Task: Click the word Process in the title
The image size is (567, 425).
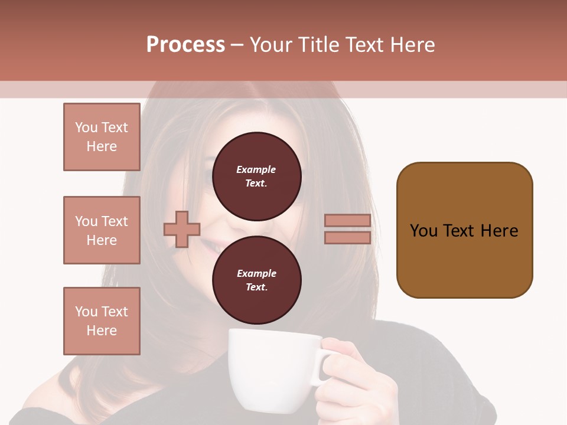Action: [185, 45]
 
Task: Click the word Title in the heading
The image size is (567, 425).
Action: [317, 45]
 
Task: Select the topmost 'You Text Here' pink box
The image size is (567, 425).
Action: [102, 137]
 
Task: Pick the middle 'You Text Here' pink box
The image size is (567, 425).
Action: [102, 230]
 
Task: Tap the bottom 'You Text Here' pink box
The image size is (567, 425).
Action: [102, 321]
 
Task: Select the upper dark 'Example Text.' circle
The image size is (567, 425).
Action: [256, 176]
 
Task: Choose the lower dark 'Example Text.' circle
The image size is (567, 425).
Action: [256, 280]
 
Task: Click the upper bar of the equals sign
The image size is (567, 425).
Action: [347, 221]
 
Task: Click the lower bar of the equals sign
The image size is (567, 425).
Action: [347, 237]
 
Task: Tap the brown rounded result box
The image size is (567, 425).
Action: [464, 230]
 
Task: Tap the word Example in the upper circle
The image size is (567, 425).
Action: [256, 169]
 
